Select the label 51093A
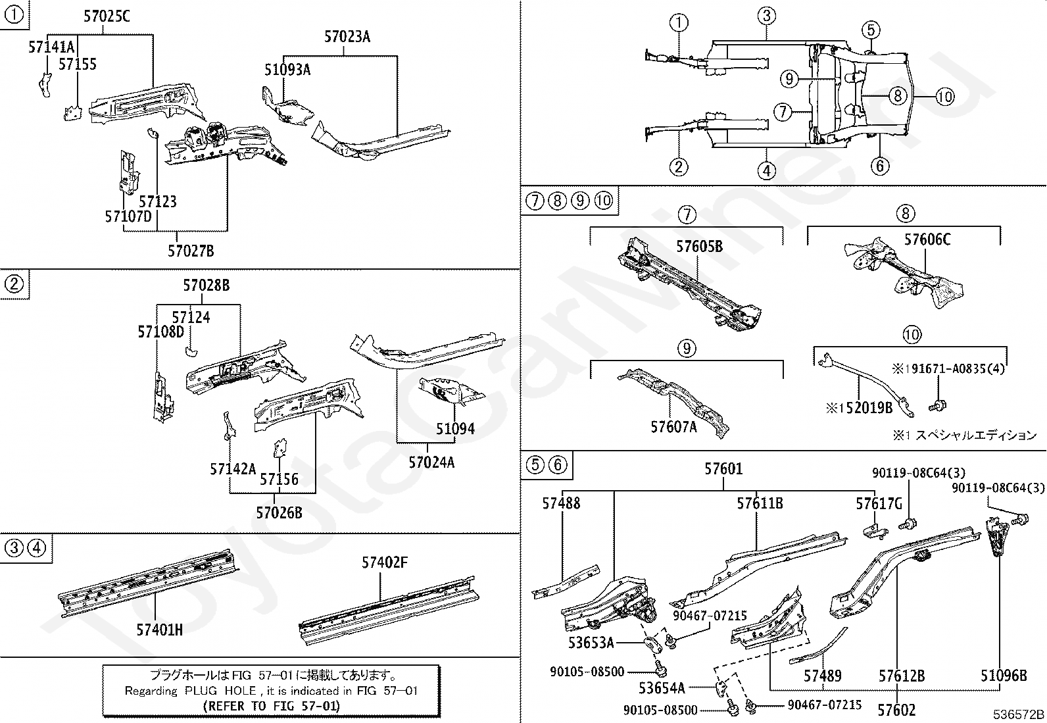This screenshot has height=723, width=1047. (287, 70)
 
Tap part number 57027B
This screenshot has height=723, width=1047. (191, 251)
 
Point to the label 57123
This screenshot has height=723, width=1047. (158, 201)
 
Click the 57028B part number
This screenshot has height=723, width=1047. (207, 286)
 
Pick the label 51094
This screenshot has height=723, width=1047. (455, 429)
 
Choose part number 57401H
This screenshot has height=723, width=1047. (160, 630)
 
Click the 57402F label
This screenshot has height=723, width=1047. (385, 562)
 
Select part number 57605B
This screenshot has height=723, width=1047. (700, 247)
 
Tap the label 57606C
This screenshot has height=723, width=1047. (927, 239)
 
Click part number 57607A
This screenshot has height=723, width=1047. (674, 427)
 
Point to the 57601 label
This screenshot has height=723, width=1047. (723, 469)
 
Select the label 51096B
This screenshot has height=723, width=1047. (1004, 676)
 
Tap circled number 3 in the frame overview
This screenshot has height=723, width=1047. (767, 15)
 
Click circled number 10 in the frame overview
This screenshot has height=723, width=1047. (944, 97)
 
